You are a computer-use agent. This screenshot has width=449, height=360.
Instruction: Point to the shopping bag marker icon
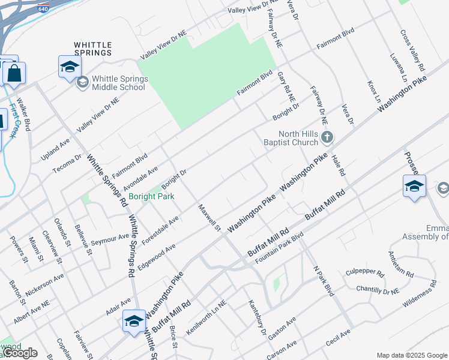point(14,73)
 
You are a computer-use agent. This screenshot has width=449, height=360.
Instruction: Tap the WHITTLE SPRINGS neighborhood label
point(92,49)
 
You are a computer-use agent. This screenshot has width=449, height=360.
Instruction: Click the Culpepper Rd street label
point(365,272)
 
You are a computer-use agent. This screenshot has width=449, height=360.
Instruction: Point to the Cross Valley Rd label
point(412,49)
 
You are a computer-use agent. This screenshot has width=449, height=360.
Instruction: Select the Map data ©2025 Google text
point(412,355)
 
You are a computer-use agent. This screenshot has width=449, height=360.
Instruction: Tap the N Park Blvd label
point(324,280)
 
